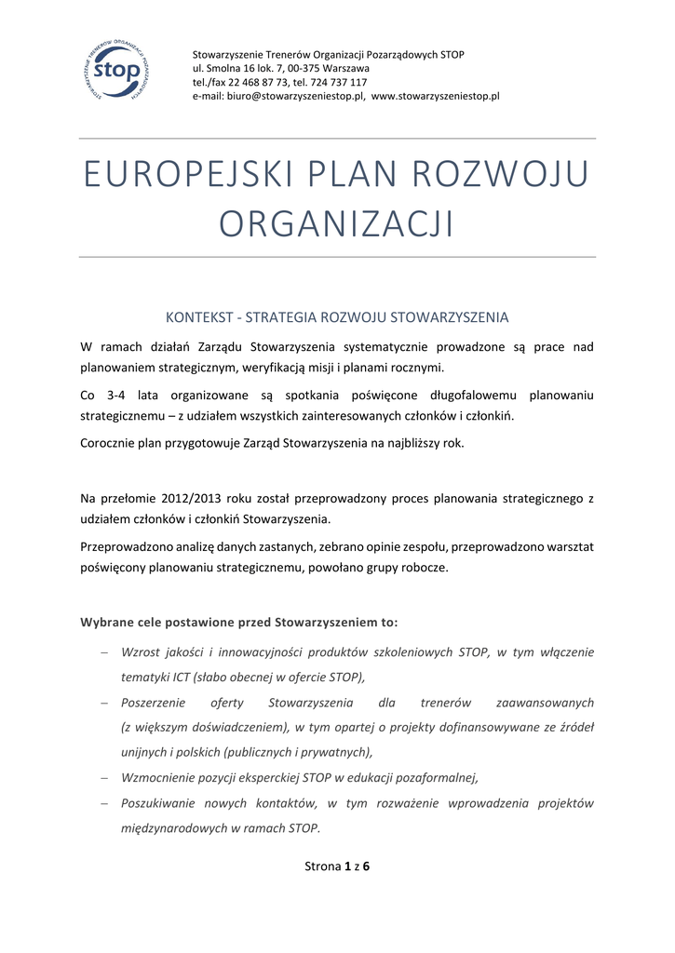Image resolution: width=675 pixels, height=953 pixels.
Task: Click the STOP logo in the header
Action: pos(114,72)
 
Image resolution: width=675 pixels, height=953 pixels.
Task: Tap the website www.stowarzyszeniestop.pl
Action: pos(436,96)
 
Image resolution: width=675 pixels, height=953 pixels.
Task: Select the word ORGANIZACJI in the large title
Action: pos(336,224)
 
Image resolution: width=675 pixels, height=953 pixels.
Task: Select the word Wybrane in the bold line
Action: pos(107,622)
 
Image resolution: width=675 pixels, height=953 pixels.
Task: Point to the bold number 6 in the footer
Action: pos(366,867)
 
